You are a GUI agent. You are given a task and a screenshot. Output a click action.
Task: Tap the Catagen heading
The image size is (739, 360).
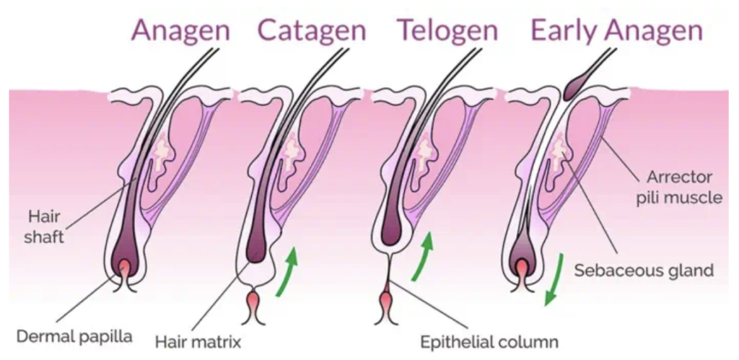(312, 30)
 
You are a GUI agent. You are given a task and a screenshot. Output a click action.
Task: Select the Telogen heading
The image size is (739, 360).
(447, 30)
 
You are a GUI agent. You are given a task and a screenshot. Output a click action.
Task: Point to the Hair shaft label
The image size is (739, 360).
(45, 225)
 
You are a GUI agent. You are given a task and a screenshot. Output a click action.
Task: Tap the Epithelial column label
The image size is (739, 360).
(491, 340)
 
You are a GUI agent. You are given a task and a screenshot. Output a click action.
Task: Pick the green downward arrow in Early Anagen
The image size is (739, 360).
(554, 278)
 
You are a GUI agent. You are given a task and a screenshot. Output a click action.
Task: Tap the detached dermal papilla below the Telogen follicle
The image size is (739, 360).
(387, 302)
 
